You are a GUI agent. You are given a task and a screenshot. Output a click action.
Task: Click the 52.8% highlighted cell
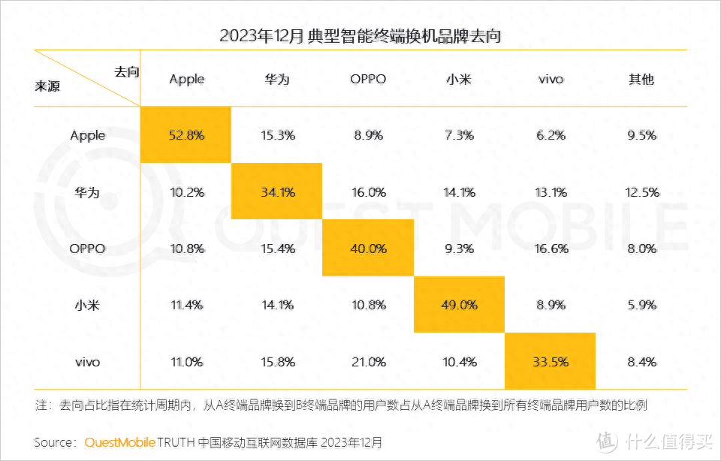[186, 135]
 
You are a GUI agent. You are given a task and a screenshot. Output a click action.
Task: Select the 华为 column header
[277, 79]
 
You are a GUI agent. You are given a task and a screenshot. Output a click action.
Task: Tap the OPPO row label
[87, 249]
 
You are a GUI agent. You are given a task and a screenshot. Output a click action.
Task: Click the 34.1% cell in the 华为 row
[277, 192]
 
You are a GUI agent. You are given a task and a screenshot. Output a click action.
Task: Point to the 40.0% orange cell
[368, 249]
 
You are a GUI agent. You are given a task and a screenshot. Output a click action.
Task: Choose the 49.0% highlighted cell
[459, 305]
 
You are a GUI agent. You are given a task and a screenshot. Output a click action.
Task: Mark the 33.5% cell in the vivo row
[550, 362]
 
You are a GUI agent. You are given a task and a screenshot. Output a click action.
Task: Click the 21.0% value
[368, 362]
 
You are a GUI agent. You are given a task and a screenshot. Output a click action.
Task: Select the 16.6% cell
[550, 249]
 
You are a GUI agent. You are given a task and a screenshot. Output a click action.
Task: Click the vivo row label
[87, 362]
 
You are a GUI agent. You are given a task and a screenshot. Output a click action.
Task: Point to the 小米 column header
[459, 79]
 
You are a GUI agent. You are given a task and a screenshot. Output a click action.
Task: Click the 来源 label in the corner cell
[47, 86]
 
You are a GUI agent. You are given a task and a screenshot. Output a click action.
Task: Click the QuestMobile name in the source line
[119, 442]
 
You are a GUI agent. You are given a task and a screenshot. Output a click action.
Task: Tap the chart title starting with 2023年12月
[360, 35]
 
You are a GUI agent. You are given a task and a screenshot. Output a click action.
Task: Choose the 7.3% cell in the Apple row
[459, 135]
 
